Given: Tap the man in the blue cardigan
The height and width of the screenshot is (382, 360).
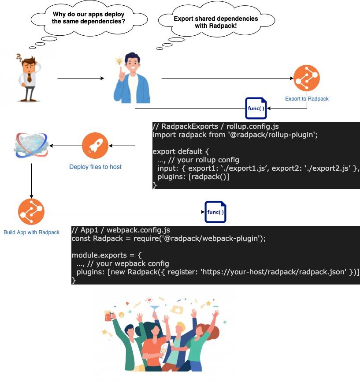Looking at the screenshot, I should pos(131,79).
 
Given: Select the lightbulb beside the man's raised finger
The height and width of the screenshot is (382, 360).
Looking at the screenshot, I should pos(118,61).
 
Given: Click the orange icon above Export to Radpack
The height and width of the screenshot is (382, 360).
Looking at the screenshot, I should pos(306,78).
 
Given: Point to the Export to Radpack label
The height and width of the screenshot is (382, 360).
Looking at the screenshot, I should pos(307,99).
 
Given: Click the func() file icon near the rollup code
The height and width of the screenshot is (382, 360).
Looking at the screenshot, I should pos(256,109).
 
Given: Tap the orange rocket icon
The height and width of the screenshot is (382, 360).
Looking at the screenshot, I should pos(95,146).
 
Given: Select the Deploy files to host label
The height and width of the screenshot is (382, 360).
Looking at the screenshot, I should pos(95,167).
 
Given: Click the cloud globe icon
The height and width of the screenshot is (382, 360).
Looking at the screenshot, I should pos(31,145).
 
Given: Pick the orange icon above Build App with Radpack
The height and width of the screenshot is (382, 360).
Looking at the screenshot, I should pos(31,212).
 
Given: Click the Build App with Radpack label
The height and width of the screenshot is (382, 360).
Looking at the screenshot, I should pos(31,232).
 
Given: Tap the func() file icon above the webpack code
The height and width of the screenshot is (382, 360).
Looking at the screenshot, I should pos(215,212).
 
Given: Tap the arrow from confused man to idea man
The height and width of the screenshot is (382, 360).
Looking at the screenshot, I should pos(81,79).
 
